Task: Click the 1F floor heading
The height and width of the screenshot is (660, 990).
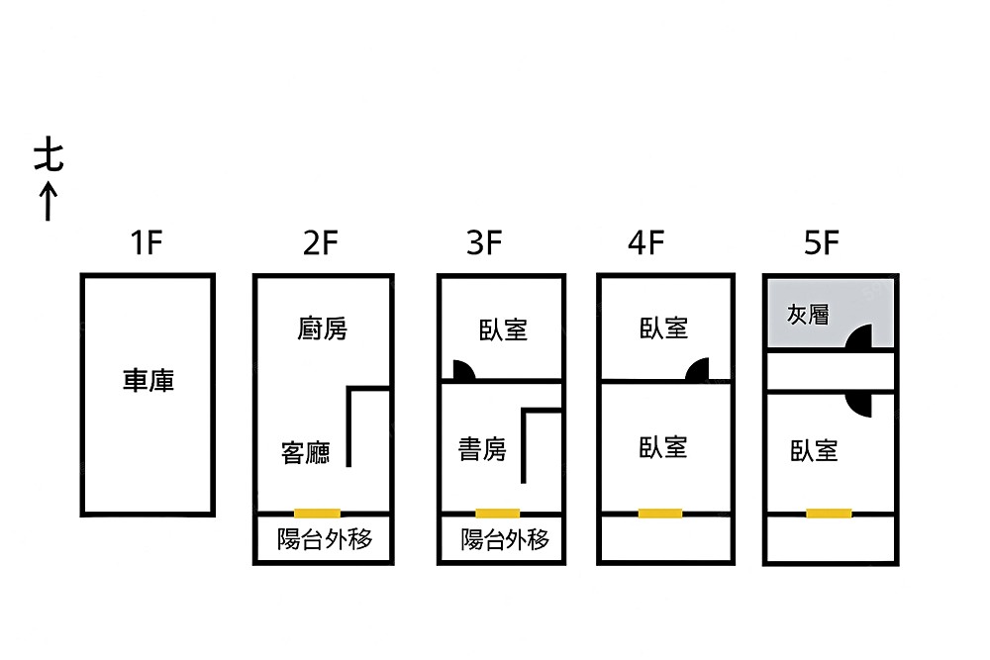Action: (x=147, y=242)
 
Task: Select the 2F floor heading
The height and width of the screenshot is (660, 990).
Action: (x=321, y=242)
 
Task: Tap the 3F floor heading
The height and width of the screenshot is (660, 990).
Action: (x=485, y=242)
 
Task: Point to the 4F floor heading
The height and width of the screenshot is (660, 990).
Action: (x=645, y=242)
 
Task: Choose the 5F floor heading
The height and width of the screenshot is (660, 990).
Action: (x=821, y=242)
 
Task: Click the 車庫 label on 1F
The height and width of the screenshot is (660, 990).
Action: (x=148, y=380)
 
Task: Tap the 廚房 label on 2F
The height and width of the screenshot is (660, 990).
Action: (x=323, y=329)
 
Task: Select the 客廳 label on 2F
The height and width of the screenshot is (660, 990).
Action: (x=306, y=454)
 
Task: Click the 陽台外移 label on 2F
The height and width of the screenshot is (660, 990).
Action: (x=325, y=540)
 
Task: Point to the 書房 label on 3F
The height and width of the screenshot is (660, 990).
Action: (x=482, y=450)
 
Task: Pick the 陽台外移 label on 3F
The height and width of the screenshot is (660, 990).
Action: (x=505, y=540)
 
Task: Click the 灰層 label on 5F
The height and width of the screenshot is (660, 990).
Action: (x=808, y=315)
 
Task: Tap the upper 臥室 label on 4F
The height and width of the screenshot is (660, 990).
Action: (x=663, y=328)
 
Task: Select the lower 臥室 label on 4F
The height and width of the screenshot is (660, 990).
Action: (x=663, y=447)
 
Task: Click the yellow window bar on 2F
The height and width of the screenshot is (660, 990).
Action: (x=318, y=513)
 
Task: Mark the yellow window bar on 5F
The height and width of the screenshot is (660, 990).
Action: (x=829, y=513)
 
